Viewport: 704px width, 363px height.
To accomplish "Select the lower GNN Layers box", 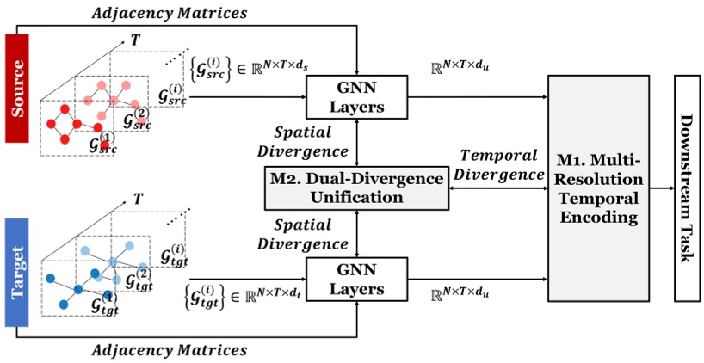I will [x=356, y=279].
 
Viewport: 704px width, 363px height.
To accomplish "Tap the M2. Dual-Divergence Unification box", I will [x=357, y=188].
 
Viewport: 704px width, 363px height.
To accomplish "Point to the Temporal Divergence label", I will [x=502, y=164].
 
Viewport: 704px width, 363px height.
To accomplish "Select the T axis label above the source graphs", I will [x=135, y=40].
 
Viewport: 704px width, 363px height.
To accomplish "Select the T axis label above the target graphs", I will [x=138, y=200].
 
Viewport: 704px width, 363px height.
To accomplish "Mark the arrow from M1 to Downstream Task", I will [x=662, y=188].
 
